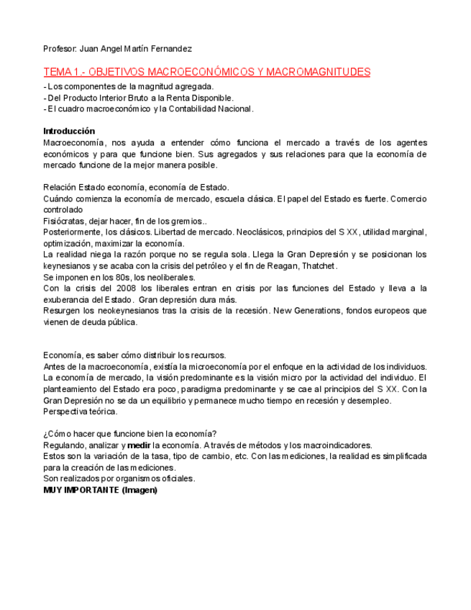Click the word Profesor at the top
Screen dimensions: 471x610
[x=60, y=49]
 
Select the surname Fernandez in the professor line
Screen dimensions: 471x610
[x=172, y=49]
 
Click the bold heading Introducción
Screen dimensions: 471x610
[x=69, y=131]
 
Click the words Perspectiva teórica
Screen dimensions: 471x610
[x=81, y=411]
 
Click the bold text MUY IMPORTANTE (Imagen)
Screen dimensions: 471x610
[x=100, y=490]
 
